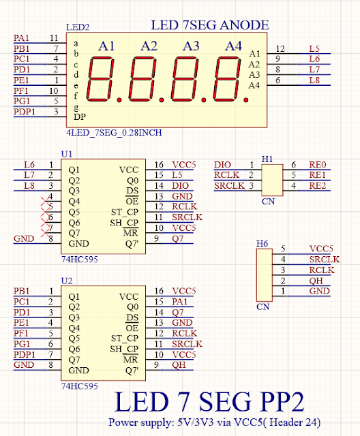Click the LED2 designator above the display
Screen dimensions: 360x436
(x=78, y=27)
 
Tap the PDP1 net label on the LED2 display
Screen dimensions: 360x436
(x=25, y=112)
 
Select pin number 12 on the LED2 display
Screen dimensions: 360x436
(x=280, y=49)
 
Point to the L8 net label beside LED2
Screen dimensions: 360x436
(x=314, y=80)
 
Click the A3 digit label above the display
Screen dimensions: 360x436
(x=191, y=46)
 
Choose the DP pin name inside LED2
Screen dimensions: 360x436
(x=80, y=117)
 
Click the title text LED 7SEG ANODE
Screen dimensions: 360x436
(x=210, y=25)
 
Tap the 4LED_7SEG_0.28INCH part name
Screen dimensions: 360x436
(x=114, y=133)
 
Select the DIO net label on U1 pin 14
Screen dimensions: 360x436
(x=180, y=186)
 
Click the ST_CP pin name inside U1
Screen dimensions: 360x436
(x=125, y=213)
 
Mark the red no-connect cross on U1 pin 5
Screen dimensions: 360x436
(x=45, y=206)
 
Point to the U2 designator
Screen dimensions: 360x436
(x=67, y=281)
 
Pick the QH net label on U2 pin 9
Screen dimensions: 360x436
(x=179, y=365)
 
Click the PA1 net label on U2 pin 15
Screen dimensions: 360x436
(x=179, y=302)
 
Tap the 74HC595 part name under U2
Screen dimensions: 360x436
(x=80, y=386)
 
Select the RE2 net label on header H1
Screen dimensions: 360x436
(x=318, y=186)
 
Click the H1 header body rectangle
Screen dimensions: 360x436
(x=272, y=180)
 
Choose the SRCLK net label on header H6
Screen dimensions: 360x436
(x=325, y=260)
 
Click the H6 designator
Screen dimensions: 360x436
(x=262, y=244)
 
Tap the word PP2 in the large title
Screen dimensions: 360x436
(x=282, y=402)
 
